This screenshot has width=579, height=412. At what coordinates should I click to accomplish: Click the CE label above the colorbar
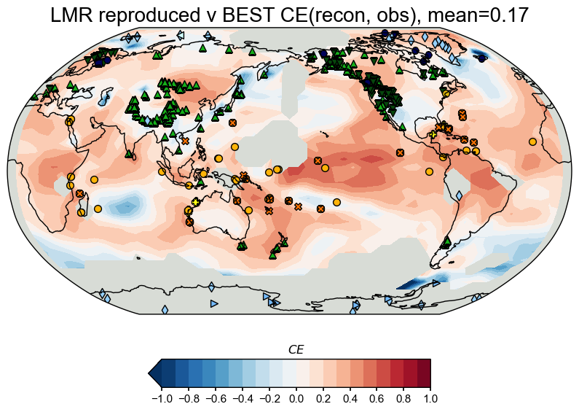click(x=296, y=351)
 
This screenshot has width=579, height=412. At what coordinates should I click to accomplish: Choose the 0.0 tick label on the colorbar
click(x=296, y=399)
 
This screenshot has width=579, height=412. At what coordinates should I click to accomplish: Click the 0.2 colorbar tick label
click(x=323, y=399)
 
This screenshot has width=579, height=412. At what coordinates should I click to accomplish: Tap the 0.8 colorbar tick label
click(x=404, y=399)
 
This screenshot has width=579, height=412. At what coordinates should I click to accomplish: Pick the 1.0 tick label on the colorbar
click(x=431, y=399)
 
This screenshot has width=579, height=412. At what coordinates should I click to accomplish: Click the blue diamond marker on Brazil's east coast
click(x=459, y=195)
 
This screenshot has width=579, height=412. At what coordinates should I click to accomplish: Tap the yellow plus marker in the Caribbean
click(x=433, y=135)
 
